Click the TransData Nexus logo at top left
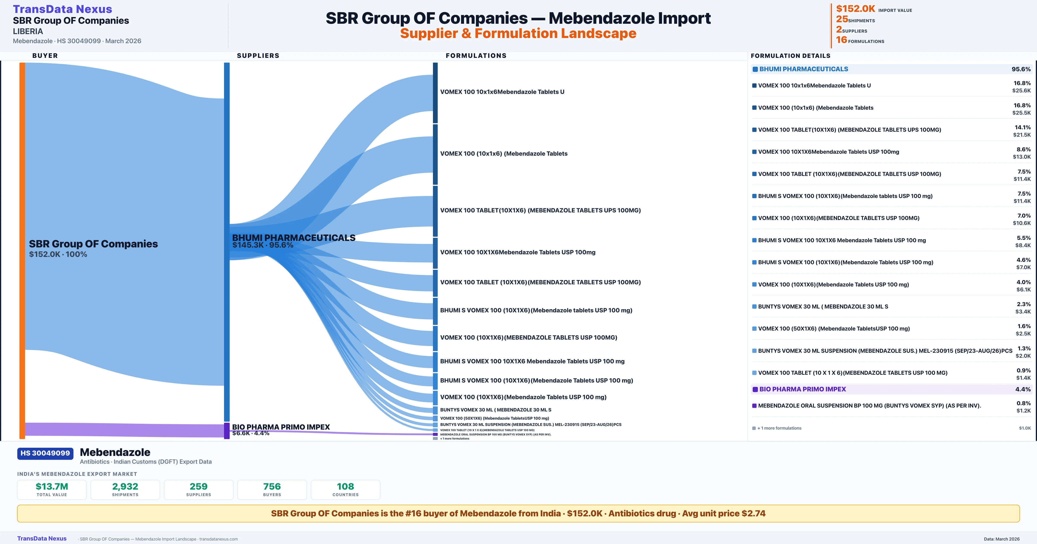tap(62, 9)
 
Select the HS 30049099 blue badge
tap(45, 454)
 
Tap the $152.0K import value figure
tap(855, 9)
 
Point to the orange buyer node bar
tap(22, 250)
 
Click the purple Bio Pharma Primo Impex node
tap(227, 430)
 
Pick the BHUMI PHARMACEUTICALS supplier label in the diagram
tap(293, 238)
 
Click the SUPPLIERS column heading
tap(258, 55)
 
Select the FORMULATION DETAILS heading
tap(790, 55)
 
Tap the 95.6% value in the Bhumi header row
tap(1021, 69)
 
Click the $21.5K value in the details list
tap(1022, 135)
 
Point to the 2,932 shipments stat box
tap(125, 489)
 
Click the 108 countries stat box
tap(345, 489)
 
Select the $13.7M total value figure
tap(52, 487)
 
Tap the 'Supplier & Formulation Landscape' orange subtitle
tap(518, 33)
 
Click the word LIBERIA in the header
tap(28, 31)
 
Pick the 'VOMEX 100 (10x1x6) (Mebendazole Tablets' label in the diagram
tap(504, 154)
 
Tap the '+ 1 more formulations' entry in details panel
tap(779, 428)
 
